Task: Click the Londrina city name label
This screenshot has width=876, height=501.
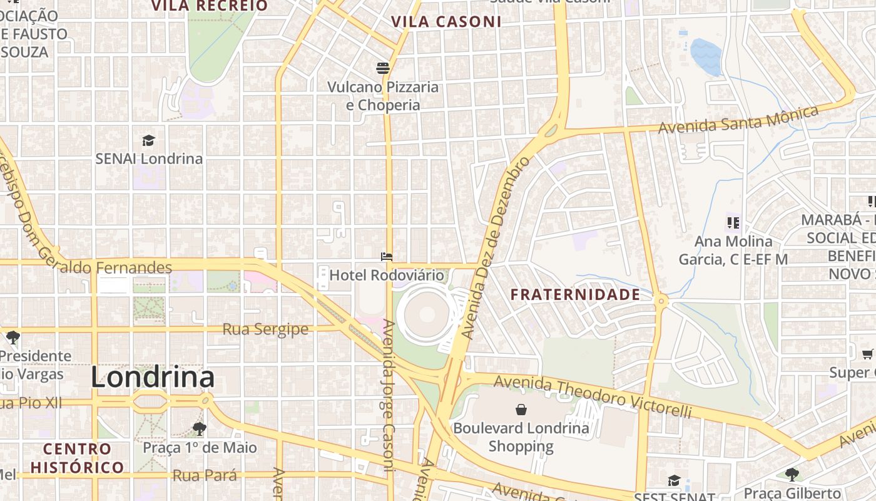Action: pos(153,378)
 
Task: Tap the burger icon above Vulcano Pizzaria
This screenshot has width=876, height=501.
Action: pos(383,68)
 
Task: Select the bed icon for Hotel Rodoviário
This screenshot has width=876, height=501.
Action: pos(387,257)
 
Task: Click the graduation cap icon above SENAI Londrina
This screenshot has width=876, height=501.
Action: pos(148,140)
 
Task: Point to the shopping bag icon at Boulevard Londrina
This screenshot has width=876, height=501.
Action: pos(521,410)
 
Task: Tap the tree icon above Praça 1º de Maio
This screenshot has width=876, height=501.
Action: pos(200,429)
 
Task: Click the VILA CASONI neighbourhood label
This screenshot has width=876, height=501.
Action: pos(446,22)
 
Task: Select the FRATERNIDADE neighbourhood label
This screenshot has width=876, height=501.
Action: pos(575,294)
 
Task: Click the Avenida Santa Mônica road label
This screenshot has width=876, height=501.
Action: pos(738,120)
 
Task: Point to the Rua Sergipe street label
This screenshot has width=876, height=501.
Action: pos(265,329)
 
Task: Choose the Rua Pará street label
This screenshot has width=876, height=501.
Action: pos(205,475)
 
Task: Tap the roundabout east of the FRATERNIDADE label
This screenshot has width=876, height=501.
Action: pos(661,302)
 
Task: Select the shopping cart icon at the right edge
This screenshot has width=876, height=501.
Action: pos(867,354)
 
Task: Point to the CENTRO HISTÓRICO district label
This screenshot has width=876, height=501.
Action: pos(77,458)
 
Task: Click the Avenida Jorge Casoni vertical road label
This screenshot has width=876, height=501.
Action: pos(388,396)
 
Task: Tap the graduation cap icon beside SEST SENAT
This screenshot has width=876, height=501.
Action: pos(673,480)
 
